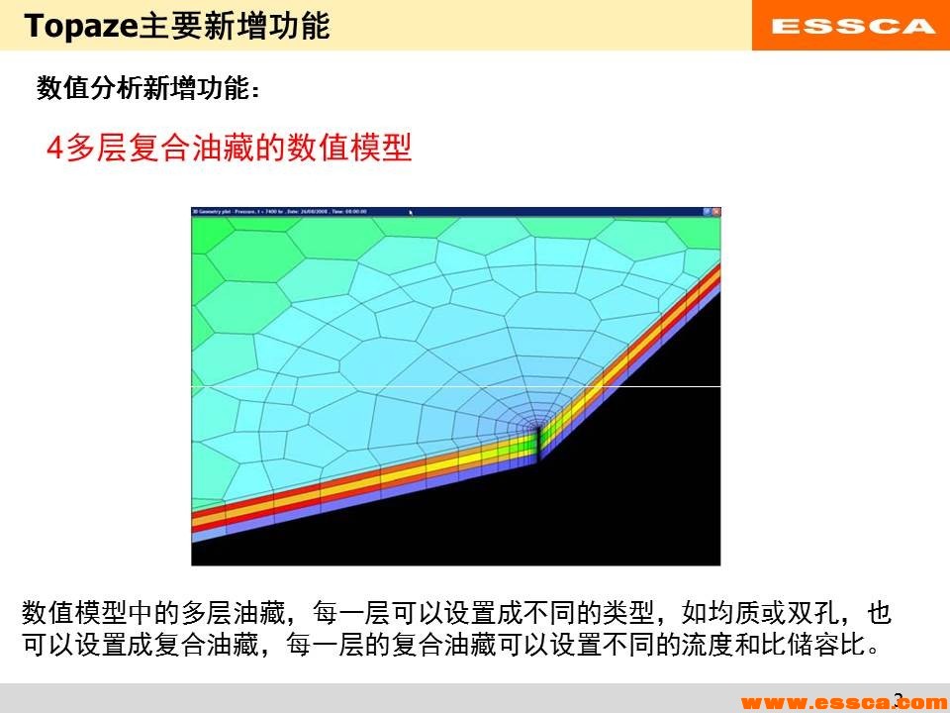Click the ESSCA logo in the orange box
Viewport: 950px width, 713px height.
[x=851, y=26]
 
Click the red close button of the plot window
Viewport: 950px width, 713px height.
[x=715, y=211]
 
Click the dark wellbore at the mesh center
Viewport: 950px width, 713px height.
[x=538, y=442]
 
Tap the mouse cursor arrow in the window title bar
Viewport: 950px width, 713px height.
[x=411, y=211]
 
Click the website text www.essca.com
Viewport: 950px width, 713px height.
[x=841, y=702]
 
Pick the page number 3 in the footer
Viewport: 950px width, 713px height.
[x=898, y=699]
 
